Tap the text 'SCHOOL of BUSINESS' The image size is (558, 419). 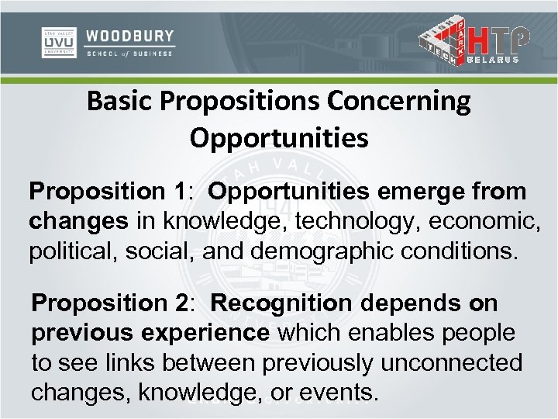pos(130,53)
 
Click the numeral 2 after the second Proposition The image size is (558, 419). pos(181,303)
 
